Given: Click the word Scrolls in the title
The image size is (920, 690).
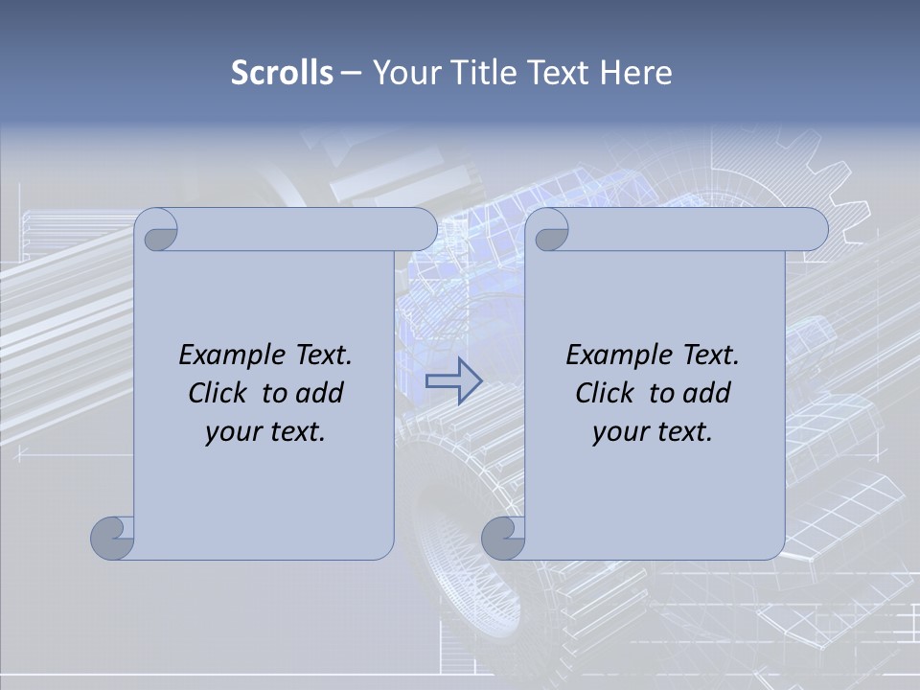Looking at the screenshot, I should click(283, 73).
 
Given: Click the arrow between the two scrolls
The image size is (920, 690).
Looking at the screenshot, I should click(454, 380).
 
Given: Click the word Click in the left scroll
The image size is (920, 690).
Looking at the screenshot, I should click(217, 394).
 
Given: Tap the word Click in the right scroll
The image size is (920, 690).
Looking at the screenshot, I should click(604, 394).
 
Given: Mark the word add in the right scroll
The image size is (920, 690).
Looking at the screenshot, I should click(706, 394).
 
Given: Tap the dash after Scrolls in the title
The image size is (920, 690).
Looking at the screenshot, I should click(351, 73).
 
